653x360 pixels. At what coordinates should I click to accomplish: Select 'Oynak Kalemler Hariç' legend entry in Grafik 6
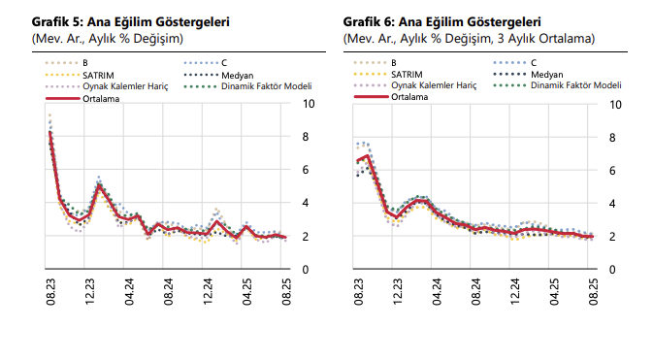[x=433, y=85]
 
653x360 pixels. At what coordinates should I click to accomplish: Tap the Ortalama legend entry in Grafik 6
[x=412, y=97]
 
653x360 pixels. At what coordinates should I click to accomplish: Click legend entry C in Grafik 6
[x=534, y=63]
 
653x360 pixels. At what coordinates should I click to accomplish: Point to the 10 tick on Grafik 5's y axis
[x=309, y=104]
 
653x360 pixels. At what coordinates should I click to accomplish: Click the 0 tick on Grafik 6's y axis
[x=613, y=269]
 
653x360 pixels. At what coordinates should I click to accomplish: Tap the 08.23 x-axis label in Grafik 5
[x=49, y=294]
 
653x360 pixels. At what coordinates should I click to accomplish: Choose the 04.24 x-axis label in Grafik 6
[x=436, y=294]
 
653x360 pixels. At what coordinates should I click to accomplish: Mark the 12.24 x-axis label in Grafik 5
[x=207, y=294]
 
